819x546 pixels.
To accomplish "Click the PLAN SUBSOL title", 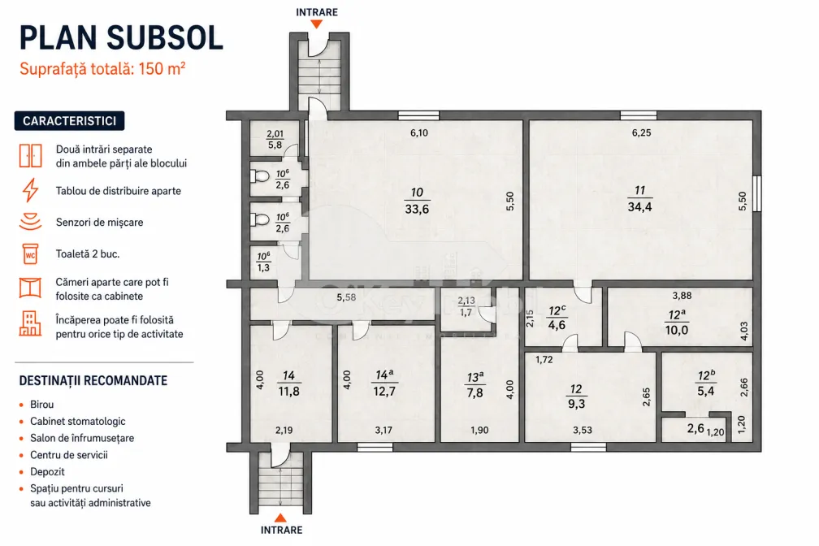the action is pyautogui.click(x=121, y=37).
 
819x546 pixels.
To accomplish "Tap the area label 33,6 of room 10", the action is pyautogui.click(x=417, y=209).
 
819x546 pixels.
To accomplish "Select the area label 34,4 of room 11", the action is pyautogui.click(x=640, y=207).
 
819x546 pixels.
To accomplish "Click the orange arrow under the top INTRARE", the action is pyautogui.click(x=316, y=24).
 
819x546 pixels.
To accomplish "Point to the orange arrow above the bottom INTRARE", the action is pyautogui.click(x=280, y=518).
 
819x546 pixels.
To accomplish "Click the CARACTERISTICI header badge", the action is pyautogui.click(x=70, y=121).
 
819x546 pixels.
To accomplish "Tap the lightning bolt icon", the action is pyautogui.click(x=30, y=190).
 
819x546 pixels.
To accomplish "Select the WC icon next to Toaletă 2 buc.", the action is pyautogui.click(x=30, y=254).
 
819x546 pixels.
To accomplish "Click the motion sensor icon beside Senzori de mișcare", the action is pyautogui.click(x=30, y=222).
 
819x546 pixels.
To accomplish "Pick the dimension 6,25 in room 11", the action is pyautogui.click(x=641, y=132).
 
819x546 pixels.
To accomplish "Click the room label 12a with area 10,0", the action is pyautogui.click(x=677, y=315).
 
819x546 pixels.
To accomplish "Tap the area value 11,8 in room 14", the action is pyautogui.click(x=289, y=392).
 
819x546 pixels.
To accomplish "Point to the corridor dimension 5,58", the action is pyautogui.click(x=346, y=297).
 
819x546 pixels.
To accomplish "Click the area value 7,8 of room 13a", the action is pyautogui.click(x=474, y=393).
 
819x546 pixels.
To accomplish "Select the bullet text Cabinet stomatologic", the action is pyautogui.click(x=78, y=421).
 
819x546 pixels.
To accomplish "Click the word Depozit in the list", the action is pyautogui.click(x=47, y=472).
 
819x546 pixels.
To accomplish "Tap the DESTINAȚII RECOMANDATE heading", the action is pyautogui.click(x=93, y=380).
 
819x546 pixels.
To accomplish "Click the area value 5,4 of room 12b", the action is pyautogui.click(x=705, y=392).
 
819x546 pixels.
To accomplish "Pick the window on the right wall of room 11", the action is pyautogui.click(x=757, y=194).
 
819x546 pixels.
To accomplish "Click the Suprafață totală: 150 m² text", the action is pyautogui.click(x=102, y=68).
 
